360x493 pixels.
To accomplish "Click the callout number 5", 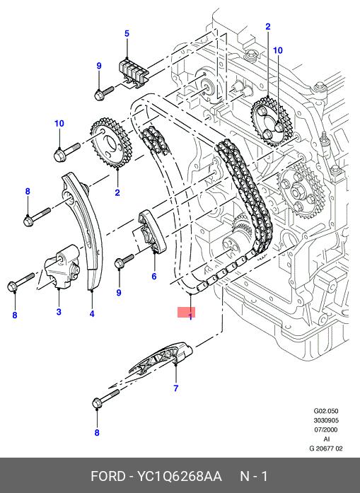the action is pyautogui.click(x=127, y=33).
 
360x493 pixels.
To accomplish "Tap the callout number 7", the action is pyautogui.click(x=175, y=388).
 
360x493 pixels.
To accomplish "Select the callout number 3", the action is pyautogui.click(x=59, y=312).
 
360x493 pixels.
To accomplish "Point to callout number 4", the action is pyautogui.click(x=92, y=313).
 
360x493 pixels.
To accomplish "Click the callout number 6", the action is pyautogui.click(x=153, y=276).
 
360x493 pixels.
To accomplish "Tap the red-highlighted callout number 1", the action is pyautogui.click(x=190, y=316).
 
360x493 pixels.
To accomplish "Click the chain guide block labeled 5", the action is pyautogui.click(x=133, y=74).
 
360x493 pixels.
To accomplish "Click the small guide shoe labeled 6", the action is pyautogui.click(x=151, y=232).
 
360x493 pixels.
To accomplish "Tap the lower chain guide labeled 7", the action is pyautogui.click(x=161, y=358).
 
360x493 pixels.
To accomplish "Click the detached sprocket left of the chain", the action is pyautogui.click(x=110, y=144).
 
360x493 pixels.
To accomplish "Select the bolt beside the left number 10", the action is pyautogui.click(x=67, y=152).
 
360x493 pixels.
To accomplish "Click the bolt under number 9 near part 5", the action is pyautogui.click(x=104, y=93).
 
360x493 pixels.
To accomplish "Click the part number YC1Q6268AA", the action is pyautogui.click(x=179, y=476).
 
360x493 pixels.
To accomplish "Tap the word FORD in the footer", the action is pyautogui.click(x=108, y=476).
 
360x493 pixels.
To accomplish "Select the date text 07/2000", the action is pyautogui.click(x=326, y=429).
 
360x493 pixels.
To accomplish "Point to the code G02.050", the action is pyautogui.click(x=326, y=411).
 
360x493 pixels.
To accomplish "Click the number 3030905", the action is pyautogui.click(x=326, y=420).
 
